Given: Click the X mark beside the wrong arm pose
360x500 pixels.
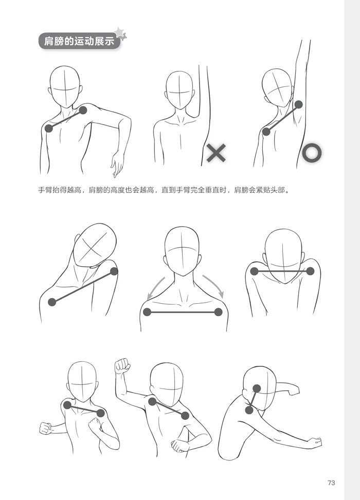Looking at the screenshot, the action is [x=216, y=153].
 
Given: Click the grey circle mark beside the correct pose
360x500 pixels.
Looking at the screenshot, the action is [x=312, y=153].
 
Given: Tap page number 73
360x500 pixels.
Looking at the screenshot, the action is [x=331, y=483].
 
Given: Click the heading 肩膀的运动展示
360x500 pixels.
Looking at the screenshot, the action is [x=79, y=41].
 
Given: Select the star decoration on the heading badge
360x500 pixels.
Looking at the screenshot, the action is [x=121, y=33].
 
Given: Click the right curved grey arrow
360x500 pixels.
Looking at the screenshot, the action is [x=214, y=286].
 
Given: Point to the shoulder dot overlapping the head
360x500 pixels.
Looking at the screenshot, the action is [x=257, y=388].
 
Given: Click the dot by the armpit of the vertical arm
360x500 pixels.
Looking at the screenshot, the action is [x=299, y=104].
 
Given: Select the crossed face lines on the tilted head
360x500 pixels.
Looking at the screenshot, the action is [x=92, y=247].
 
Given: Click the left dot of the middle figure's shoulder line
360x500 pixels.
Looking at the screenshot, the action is [x=147, y=312].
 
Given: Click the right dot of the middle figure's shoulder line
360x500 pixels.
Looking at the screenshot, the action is [x=218, y=312].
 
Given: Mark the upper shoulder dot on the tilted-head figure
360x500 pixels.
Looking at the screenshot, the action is [x=114, y=271].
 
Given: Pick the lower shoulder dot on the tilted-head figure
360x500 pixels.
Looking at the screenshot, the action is [x=52, y=302].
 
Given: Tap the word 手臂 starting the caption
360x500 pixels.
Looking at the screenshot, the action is [x=45, y=190].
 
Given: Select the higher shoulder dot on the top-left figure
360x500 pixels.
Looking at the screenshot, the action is [x=83, y=110].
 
